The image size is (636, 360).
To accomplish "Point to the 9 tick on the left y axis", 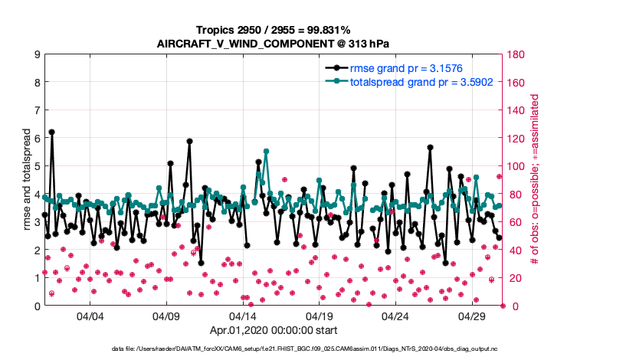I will pyautogui.click(x=37, y=54).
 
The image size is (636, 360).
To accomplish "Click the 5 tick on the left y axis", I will pyautogui.click(x=37, y=166).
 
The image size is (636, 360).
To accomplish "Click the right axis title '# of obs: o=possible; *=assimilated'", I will pyautogui.click(x=535, y=180).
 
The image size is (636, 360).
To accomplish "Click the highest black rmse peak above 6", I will pyautogui.click(x=51, y=132).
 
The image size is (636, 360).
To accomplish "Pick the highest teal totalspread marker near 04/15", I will pyautogui.click(x=266, y=152).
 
